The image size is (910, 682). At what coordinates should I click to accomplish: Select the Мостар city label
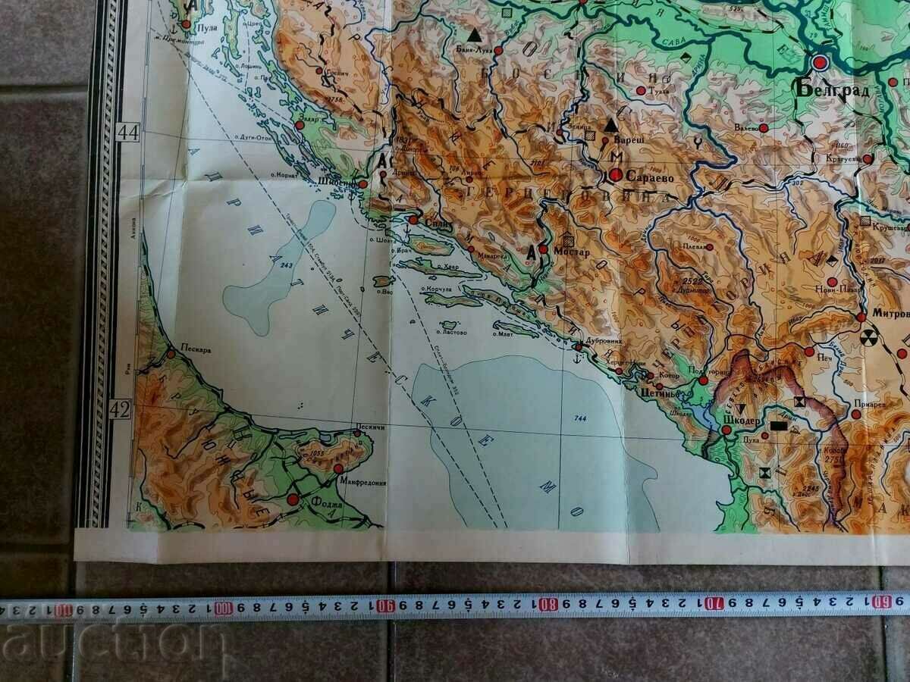572,252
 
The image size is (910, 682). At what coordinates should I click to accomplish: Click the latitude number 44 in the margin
128,133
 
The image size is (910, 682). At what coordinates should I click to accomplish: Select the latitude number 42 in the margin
123,410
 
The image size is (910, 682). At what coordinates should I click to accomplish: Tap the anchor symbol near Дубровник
578,347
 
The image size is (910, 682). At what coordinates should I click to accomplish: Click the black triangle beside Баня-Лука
475,35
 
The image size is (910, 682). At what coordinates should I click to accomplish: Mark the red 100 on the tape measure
223,608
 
